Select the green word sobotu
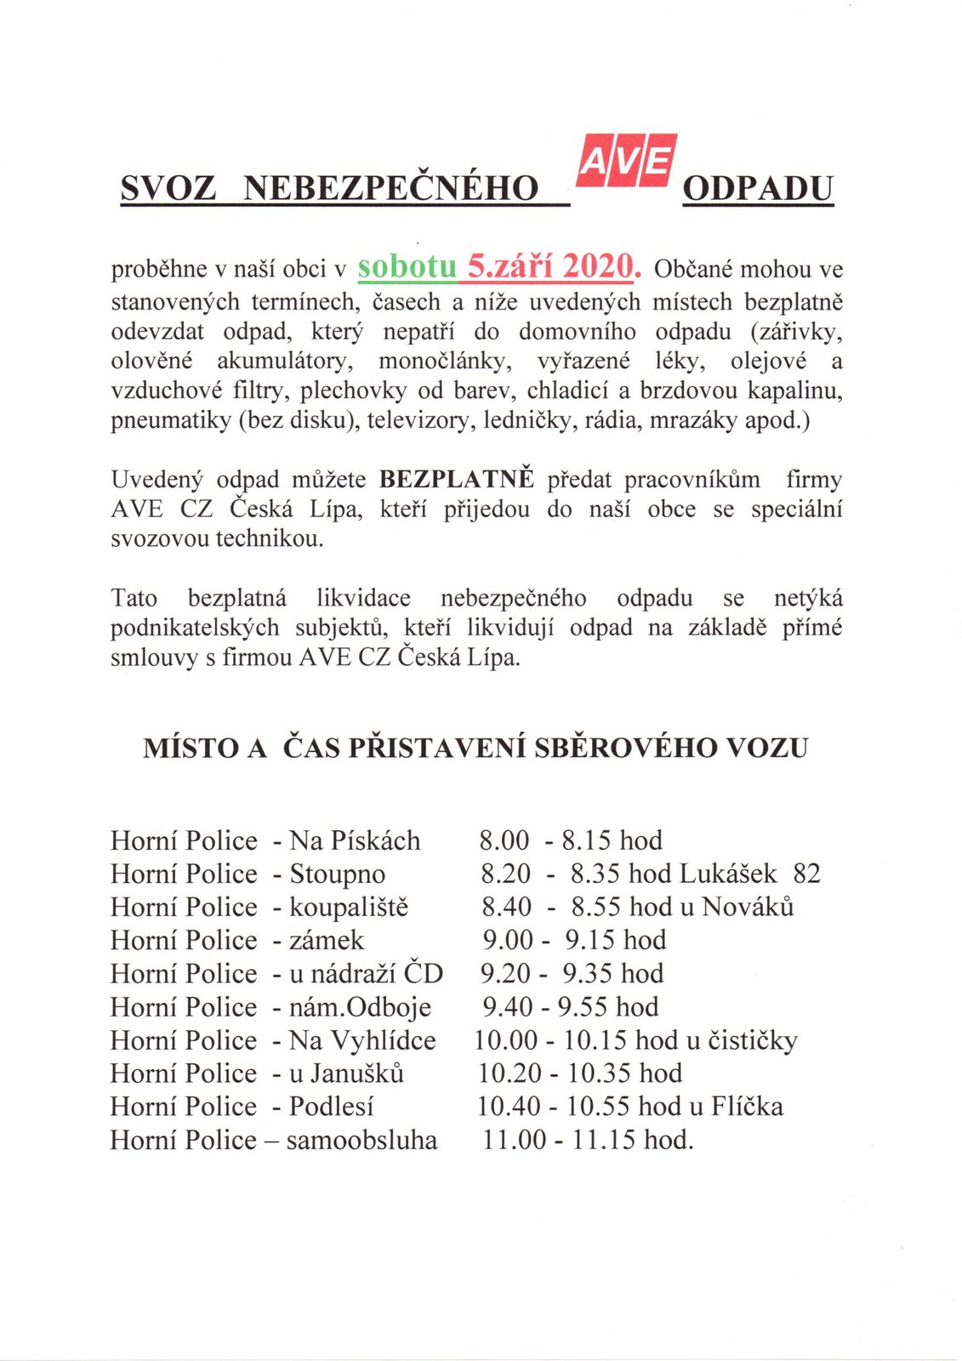(407, 266)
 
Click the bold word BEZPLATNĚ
(457, 480)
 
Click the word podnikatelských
(195, 628)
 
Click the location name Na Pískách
(355, 840)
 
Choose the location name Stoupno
(338, 874)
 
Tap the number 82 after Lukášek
(806, 874)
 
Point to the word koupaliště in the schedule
(349, 907)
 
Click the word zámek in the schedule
(327, 940)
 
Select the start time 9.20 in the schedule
(505, 973)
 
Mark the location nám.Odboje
(361, 1007)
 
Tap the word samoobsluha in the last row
(361, 1140)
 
